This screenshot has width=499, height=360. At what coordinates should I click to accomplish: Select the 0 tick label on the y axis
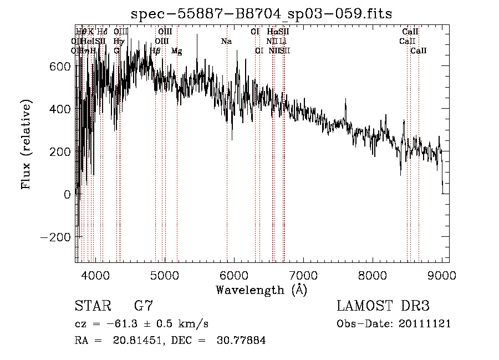point(68,194)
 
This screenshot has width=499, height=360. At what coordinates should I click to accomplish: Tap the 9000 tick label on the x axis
point(441,275)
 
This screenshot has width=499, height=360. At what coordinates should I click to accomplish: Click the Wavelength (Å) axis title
point(261,290)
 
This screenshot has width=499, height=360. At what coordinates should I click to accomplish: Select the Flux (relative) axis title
point(27,144)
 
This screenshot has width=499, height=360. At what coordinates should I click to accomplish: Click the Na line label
point(226,42)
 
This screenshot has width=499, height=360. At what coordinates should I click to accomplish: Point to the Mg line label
point(176,51)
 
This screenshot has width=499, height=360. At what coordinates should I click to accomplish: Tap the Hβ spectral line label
point(155,51)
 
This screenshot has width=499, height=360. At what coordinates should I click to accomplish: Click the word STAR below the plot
point(92,306)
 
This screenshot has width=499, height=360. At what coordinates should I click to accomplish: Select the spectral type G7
point(143,306)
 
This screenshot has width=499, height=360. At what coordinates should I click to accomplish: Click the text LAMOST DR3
point(383,306)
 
